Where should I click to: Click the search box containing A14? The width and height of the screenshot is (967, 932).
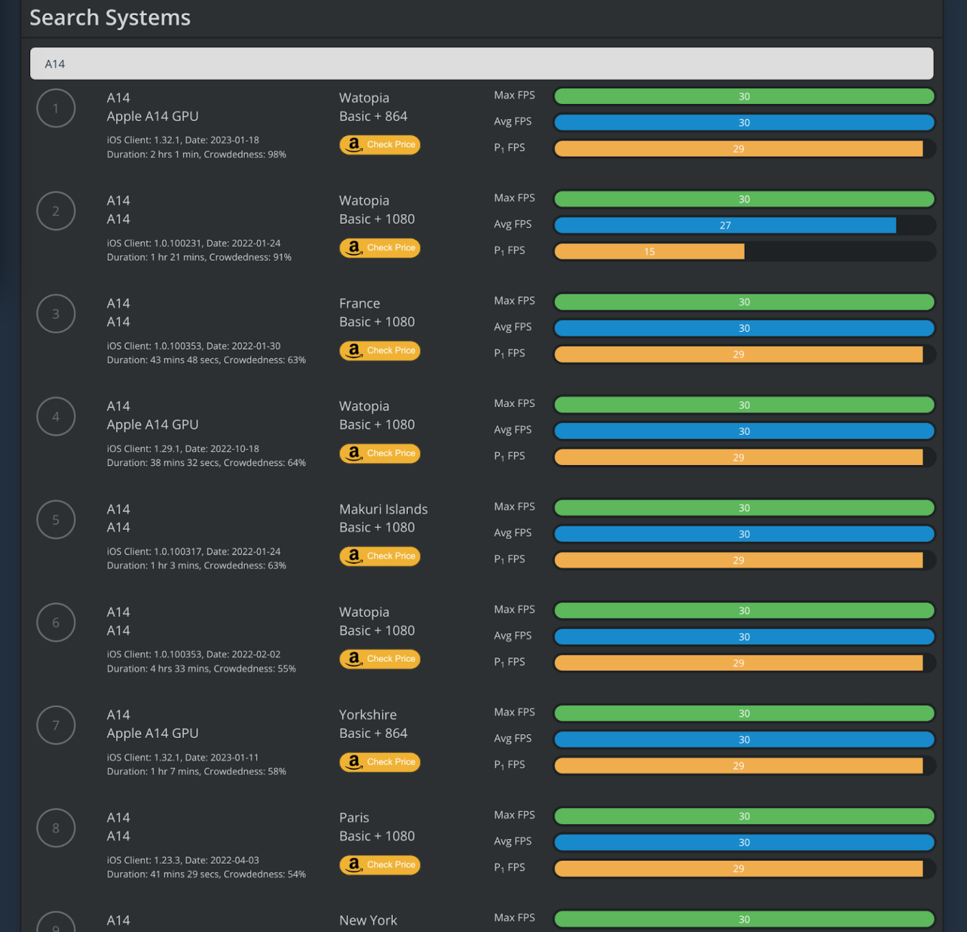click(482, 64)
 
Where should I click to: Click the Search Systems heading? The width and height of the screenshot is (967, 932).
click(110, 18)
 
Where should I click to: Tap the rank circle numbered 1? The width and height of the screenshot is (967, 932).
click(56, 108)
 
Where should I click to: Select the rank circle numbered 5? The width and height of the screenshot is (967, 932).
click(56, 520)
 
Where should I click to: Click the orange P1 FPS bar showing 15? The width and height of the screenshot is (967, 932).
click(649, 251)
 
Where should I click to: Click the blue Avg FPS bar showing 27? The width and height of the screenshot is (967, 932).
click(725, 225)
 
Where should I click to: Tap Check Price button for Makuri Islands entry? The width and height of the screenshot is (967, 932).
click(380, 556)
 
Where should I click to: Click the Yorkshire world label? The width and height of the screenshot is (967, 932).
click(368, 715)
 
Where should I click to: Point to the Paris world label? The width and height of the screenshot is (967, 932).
click(354, 817)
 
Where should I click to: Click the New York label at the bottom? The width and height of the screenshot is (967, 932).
click(368, 920)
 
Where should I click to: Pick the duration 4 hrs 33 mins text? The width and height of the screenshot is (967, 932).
click(179, 669)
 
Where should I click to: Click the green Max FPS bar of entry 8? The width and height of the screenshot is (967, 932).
click(744, 816)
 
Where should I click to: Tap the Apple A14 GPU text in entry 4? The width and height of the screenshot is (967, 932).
click(152, 425)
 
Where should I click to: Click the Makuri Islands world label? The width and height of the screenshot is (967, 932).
click(383, 509)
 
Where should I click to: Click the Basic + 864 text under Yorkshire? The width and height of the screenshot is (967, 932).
click(373, 733)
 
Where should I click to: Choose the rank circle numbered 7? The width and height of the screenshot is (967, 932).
click(56, 725)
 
